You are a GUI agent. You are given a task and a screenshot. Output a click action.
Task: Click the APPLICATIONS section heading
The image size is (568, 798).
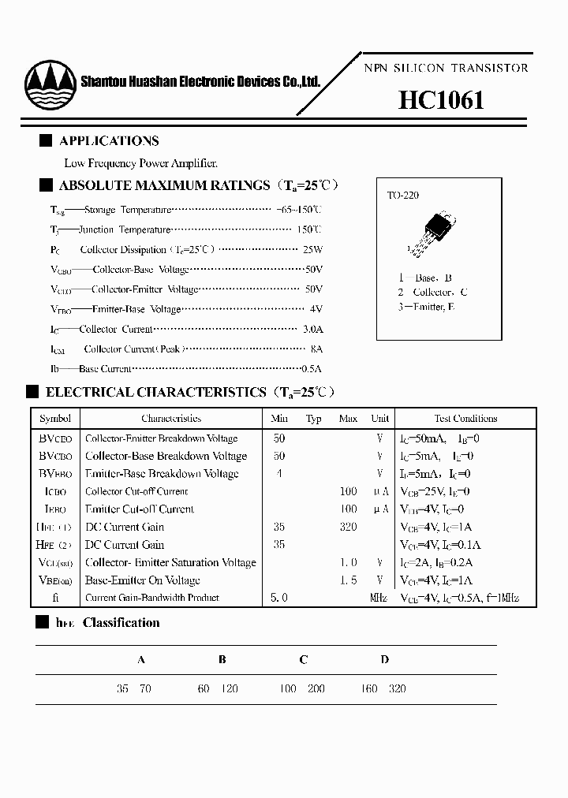[109, 141]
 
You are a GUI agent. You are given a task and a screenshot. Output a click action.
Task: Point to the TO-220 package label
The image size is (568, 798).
[403, 194]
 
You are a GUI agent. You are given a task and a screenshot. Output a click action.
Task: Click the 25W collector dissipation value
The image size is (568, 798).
[312, 249]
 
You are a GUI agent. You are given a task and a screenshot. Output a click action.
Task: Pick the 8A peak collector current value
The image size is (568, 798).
[316, 349]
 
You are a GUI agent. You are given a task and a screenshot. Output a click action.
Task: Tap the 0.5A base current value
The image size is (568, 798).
[312, 368]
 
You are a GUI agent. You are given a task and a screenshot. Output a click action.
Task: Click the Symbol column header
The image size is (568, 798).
[55, 419]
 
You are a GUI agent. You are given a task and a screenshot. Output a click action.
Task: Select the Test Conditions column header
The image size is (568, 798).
[465, 419]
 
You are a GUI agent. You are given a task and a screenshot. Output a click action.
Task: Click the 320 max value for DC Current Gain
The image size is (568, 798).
[348, 527]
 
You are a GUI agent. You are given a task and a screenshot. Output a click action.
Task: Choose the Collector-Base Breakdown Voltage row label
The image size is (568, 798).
[166, 456]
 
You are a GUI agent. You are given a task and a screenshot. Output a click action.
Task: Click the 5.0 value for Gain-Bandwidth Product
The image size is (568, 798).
[278, 598]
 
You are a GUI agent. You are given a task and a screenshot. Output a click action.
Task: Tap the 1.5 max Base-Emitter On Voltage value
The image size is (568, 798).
[348, 580]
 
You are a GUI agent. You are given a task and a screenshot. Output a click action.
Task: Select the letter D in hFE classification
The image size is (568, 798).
[385, 660]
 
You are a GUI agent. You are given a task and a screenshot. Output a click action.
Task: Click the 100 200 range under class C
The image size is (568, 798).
[301, 688]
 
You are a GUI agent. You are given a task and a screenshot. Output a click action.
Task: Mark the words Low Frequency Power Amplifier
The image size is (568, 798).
[140, 163]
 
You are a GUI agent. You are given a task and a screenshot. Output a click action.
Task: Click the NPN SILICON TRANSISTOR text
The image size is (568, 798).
[446, 69]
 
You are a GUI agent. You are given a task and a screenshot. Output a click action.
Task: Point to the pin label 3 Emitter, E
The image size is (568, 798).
[426, 307]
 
